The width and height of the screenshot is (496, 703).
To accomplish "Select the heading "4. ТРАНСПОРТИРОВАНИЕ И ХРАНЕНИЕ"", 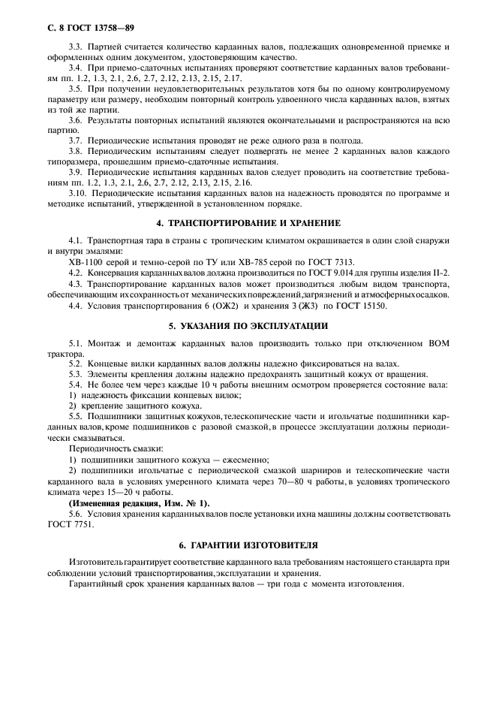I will point(248,223).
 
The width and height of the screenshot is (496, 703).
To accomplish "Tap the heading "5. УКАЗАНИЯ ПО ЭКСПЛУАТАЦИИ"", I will point(248,326).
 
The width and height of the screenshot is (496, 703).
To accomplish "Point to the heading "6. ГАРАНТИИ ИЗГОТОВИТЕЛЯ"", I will point(248,542).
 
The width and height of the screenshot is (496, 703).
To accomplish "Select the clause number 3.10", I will point(78,193).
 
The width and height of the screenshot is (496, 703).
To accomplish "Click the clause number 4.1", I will point(76,240).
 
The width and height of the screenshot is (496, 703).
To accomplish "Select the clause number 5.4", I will point(76,385).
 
